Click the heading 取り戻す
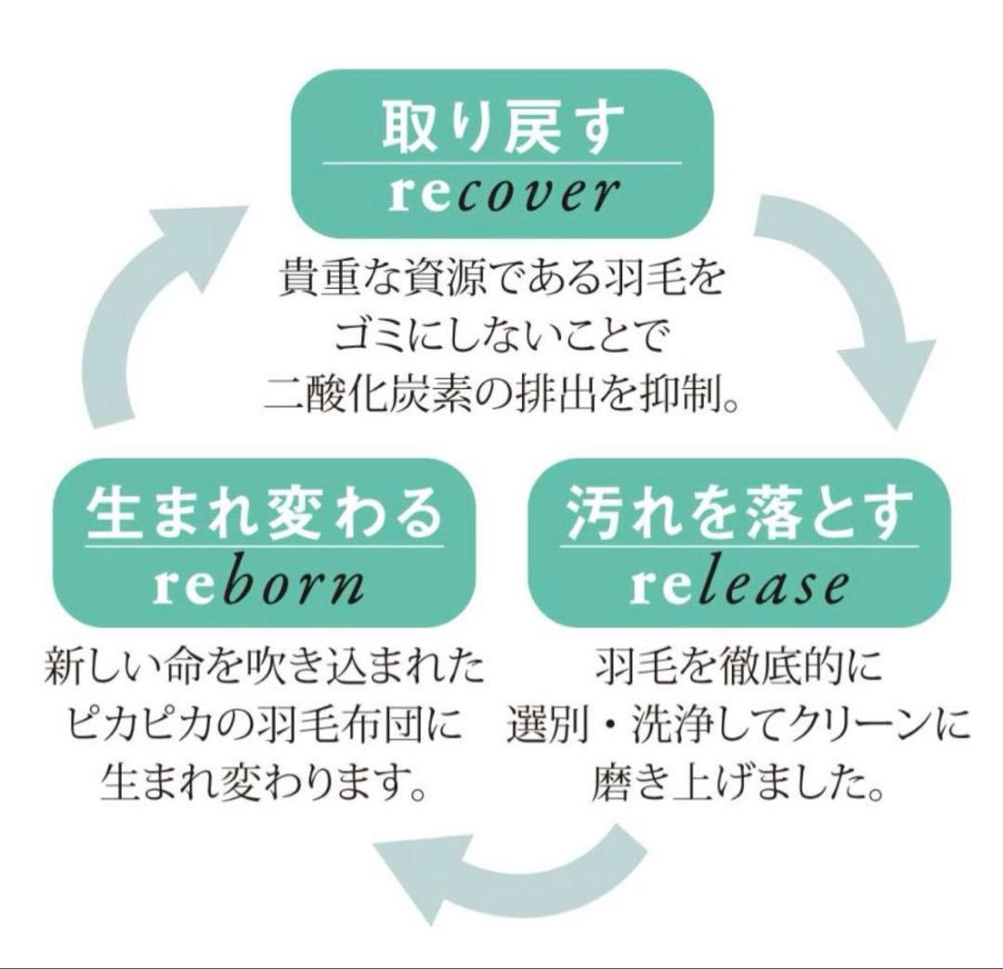click(x=502, y=130)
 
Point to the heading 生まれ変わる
click(x=257, y=514)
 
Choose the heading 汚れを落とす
click(x=738, y=514)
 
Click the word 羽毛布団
click(x=371, y=726)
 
